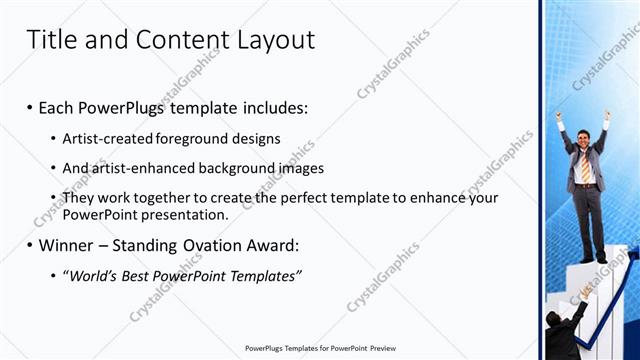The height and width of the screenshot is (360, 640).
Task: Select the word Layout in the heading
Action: pos(273,40)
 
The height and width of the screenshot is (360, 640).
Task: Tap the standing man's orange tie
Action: pos(586,166)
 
